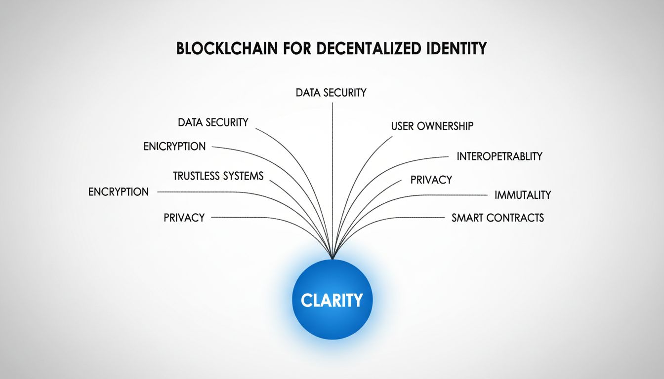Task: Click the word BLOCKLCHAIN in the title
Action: click(227, 48)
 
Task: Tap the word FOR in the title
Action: click(297, 48)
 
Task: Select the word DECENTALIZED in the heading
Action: click(369, 48)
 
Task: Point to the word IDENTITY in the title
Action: click(456, 48)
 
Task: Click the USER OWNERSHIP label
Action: click(432, 126)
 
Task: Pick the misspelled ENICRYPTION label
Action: click(174, 146)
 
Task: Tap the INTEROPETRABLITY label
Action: click(499, 156)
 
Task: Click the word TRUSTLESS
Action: click(196, 176)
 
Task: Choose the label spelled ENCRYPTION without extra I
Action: click(119, 192)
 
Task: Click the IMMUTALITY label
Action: click(523, 195)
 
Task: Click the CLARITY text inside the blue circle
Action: click(332, 300)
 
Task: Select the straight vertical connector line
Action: click(332, 181)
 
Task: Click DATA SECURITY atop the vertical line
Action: click(331, 93)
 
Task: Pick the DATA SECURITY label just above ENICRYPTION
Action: click(213, 122)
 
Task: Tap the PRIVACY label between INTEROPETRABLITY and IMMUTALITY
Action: click(431, 180)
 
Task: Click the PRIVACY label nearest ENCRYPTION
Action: click(184, 218)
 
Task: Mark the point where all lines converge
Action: click(332, 259)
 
